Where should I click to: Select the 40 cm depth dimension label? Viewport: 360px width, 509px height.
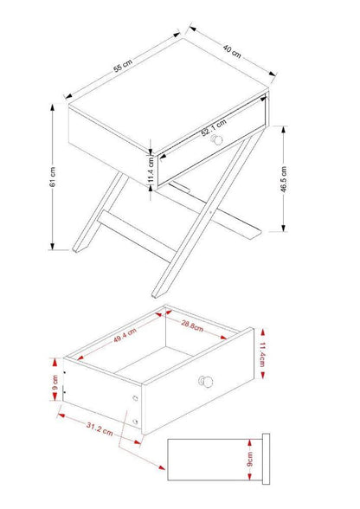tap(232, 49)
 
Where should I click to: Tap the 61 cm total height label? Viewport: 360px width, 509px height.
tap(53, 177)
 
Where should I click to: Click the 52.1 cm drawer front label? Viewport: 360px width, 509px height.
tap(215, 130)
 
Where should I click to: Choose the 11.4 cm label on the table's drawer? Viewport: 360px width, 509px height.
tap(151, 165)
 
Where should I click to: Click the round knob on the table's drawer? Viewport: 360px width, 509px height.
tap(218, 140)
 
